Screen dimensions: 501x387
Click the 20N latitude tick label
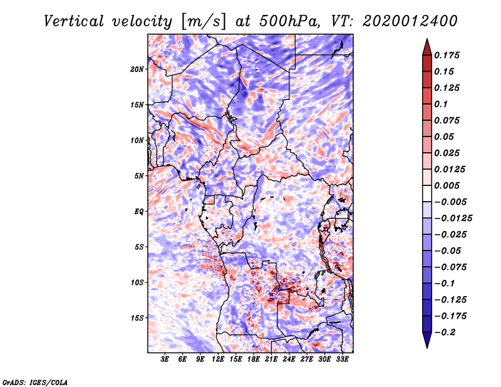point(137,70)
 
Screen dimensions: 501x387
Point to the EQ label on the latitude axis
point(138,212)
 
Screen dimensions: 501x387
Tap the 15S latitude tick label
point(137,318)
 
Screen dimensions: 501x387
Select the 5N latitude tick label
point(139,176)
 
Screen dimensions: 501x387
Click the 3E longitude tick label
point(165,359)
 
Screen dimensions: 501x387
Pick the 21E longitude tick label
point(271,359)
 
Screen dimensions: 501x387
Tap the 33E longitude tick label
point(342,359)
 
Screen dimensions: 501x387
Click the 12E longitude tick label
point(217,359)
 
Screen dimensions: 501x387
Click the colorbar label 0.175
point(447,55)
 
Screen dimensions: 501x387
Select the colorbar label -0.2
point(445,333)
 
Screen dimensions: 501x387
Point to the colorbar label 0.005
point(447,185)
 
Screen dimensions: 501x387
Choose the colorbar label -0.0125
point(453,219)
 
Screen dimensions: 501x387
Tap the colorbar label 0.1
point(441,104)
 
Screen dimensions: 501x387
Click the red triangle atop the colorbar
point(427,48)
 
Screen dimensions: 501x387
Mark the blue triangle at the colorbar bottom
point(427,340)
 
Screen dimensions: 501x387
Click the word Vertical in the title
point(73,21)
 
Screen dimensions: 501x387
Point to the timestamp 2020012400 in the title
point(410,21)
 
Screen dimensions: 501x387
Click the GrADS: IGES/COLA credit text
point(35,383)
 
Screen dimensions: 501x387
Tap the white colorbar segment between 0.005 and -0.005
point(427,194)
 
